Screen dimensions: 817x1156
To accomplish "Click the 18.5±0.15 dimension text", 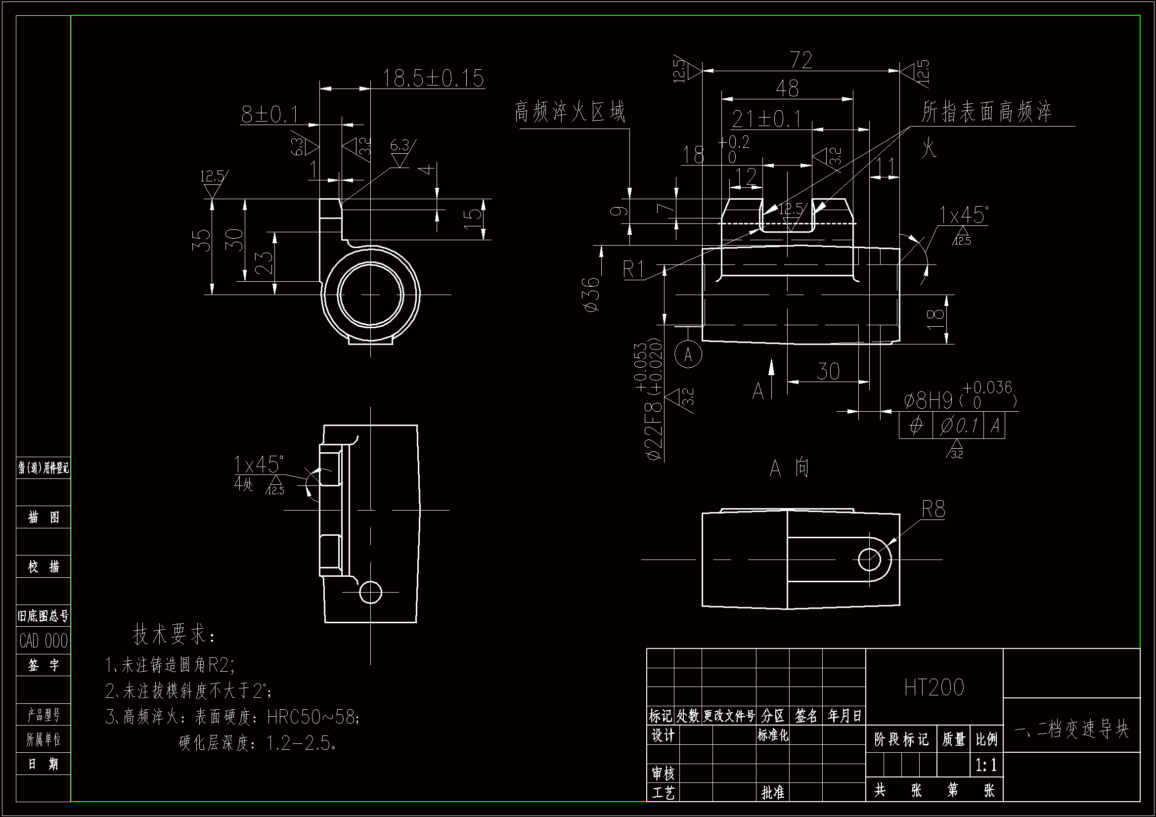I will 433,79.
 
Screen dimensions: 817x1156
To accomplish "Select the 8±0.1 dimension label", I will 270,115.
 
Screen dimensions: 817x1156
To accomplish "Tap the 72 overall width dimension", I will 801,60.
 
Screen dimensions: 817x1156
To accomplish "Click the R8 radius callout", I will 933,510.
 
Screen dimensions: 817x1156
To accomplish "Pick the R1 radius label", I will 633,270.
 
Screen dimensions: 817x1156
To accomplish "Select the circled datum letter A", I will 688,354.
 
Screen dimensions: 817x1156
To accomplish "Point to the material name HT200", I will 934,688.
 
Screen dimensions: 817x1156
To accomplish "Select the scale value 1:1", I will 986,766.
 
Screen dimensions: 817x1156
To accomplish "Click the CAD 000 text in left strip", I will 44,641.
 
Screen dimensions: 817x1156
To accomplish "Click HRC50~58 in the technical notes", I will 312,717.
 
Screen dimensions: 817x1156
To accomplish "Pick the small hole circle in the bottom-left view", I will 370,592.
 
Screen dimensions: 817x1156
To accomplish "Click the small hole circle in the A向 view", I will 869,559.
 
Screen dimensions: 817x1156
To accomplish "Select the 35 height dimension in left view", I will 201,240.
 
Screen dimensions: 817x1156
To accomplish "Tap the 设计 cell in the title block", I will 663,735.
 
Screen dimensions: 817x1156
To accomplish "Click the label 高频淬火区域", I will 570,112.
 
